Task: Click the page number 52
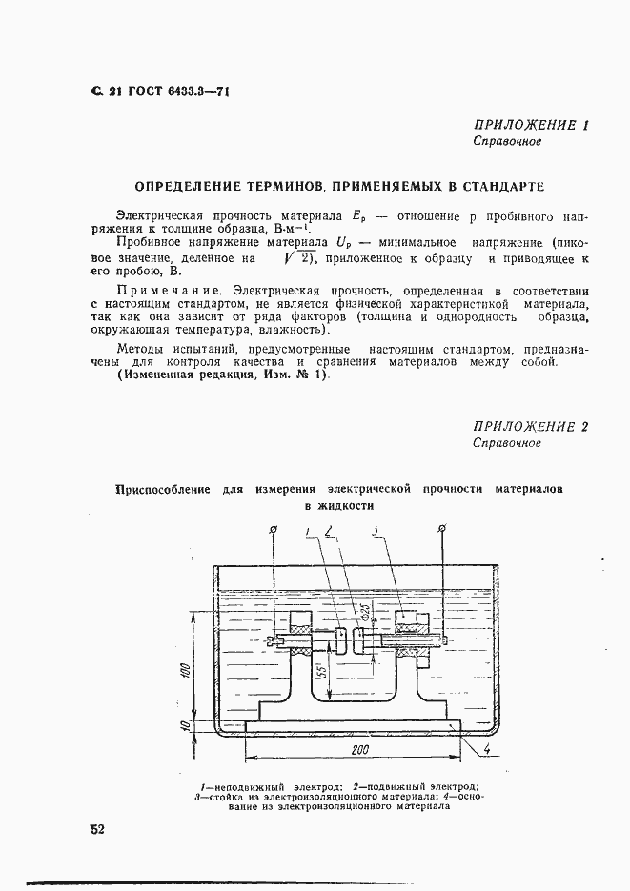[96, 829]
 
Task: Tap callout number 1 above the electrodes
[307, 532]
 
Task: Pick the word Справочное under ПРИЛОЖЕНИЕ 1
[507, 142]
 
